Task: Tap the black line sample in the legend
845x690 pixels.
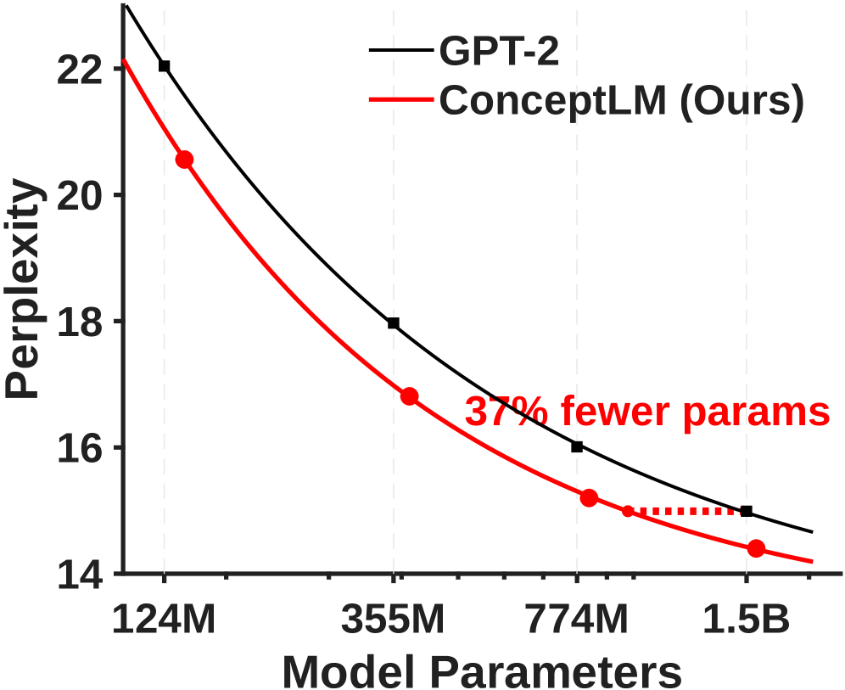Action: [401, 52]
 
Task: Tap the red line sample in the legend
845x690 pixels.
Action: [401, 102]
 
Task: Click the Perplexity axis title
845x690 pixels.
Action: [23, 289]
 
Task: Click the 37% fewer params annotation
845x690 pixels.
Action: [646, 412]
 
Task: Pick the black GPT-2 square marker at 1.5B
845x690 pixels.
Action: [747, 511]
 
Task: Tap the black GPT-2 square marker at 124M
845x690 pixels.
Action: [165, 66]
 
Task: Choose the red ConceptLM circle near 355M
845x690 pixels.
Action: [409, 396]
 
